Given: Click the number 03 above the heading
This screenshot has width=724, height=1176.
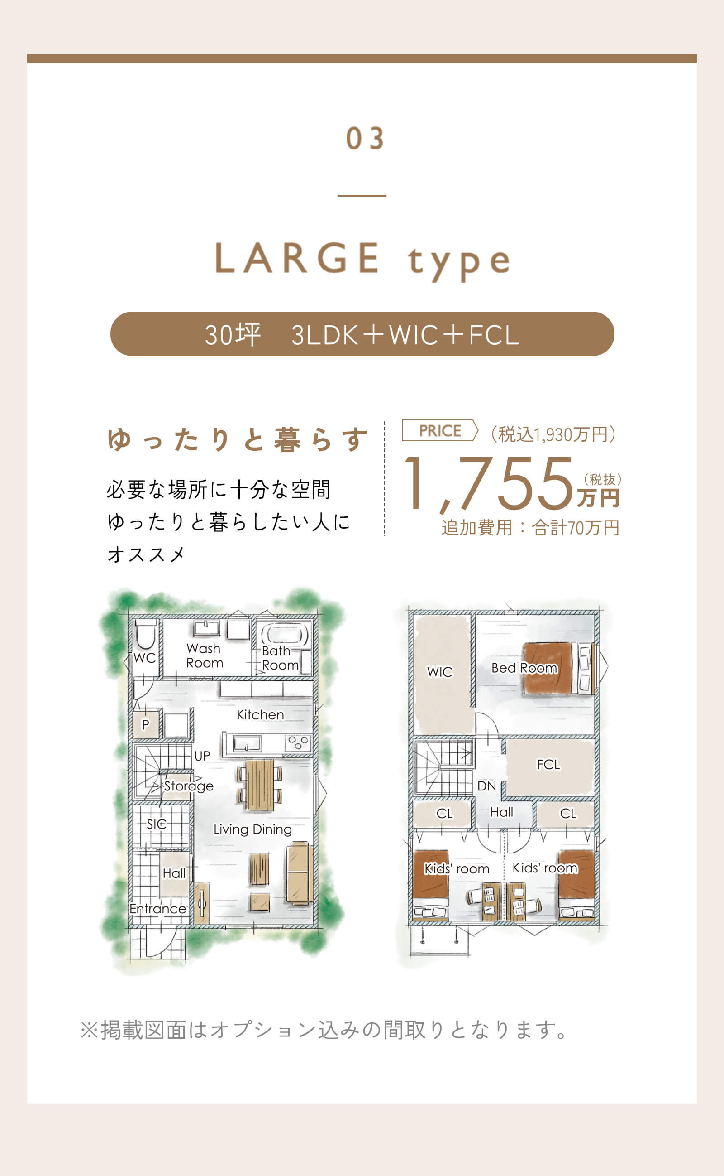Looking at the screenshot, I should coord(364,139).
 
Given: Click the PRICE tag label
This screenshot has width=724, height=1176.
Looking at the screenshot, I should coord(439,431).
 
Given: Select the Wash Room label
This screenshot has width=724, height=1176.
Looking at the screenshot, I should coord(204,655).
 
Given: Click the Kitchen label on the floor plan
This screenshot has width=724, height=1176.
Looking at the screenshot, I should coord(260,715).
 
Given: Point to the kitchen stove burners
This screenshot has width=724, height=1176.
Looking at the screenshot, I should coord(298,743).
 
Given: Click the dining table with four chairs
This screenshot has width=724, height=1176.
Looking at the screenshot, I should coord(259,785).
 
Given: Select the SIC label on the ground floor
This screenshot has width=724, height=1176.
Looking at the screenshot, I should coord(156,824).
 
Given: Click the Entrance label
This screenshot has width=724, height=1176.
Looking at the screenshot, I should coord(157,909).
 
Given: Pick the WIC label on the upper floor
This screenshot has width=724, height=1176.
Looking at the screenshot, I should coord(439,672).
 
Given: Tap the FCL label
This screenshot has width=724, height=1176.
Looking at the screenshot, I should coord(548,764).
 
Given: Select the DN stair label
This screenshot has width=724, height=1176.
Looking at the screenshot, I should coord(486,786).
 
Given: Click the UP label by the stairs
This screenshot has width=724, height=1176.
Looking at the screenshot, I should coord(202,756).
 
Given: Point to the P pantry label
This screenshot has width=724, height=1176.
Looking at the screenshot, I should coord(146,724).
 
